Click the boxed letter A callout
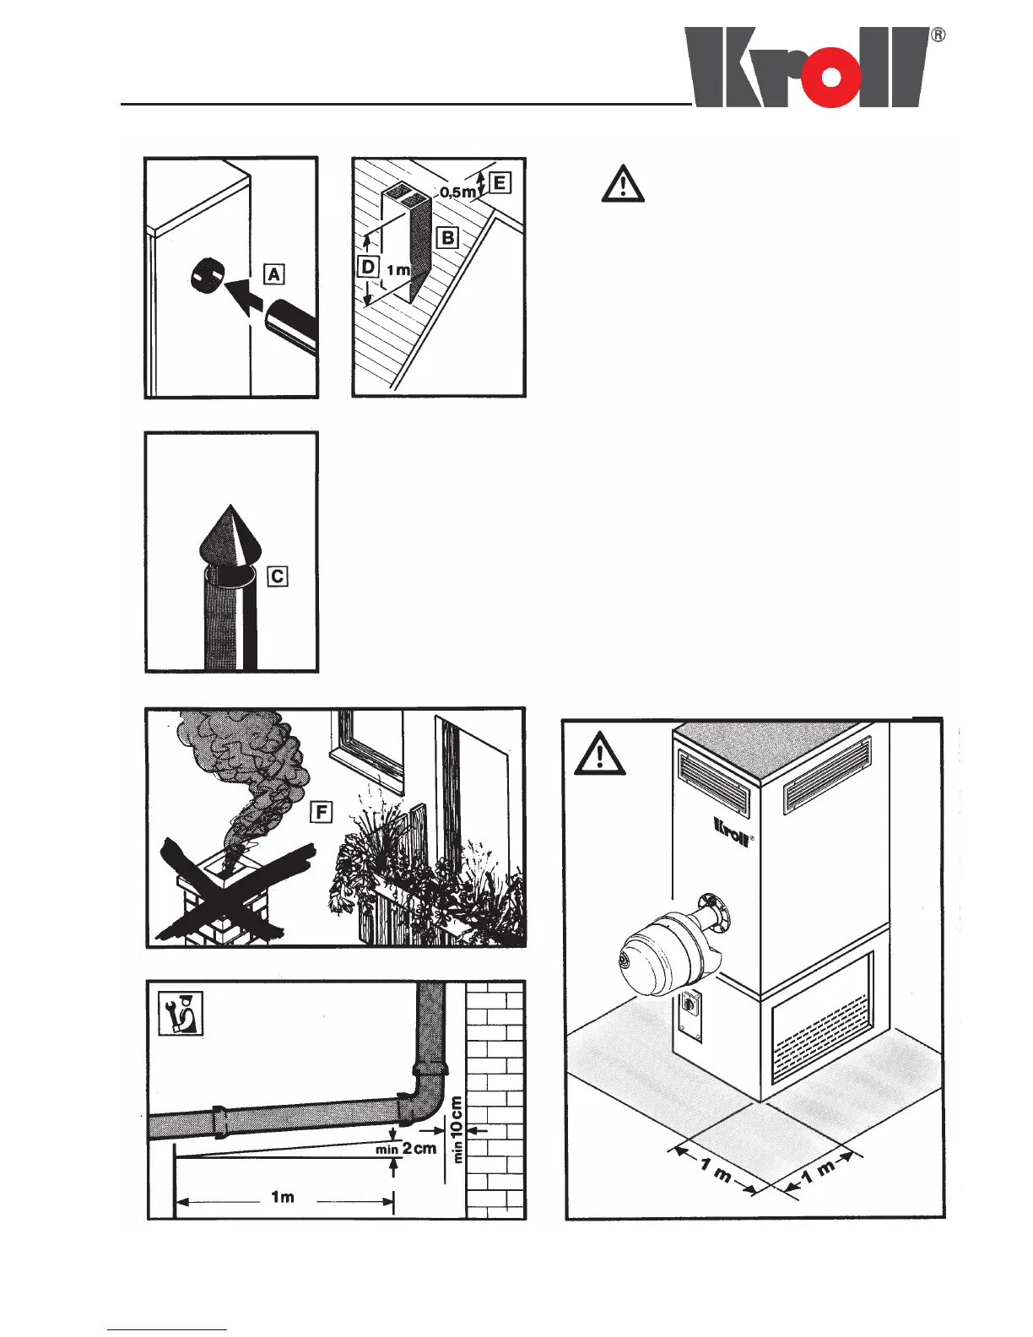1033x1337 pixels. pyautogui.click(x=274, y=274)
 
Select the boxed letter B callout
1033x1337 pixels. pyautogui.click(x=447, y=237)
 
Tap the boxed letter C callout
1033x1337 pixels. pyautogui.click(x=277, y=576)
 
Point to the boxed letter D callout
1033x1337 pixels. pyautogui.click(x=368, y=267)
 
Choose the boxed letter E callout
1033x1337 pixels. pyautogui.click(x=500, y=182)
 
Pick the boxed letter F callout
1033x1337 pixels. pyautogui.click(x=322, y=812)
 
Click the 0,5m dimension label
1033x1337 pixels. pyautogui.click(x=457, y=192)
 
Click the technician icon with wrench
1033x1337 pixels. pyautogui.click(x=181, y=1013)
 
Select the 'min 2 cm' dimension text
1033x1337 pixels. pyautogui.click(x=406, y=1149)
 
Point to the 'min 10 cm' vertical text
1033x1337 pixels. pyautogui.click(x=457, y=1129)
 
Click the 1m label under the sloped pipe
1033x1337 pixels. pyautogui.click(x=283, y=1197)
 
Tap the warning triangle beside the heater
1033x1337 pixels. pyautogui.click(x=599, y=754)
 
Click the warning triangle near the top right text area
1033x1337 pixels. pyautogui.click(x=623, y=186)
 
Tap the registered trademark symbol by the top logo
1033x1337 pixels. pyautogui.click(x=938, y=35)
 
